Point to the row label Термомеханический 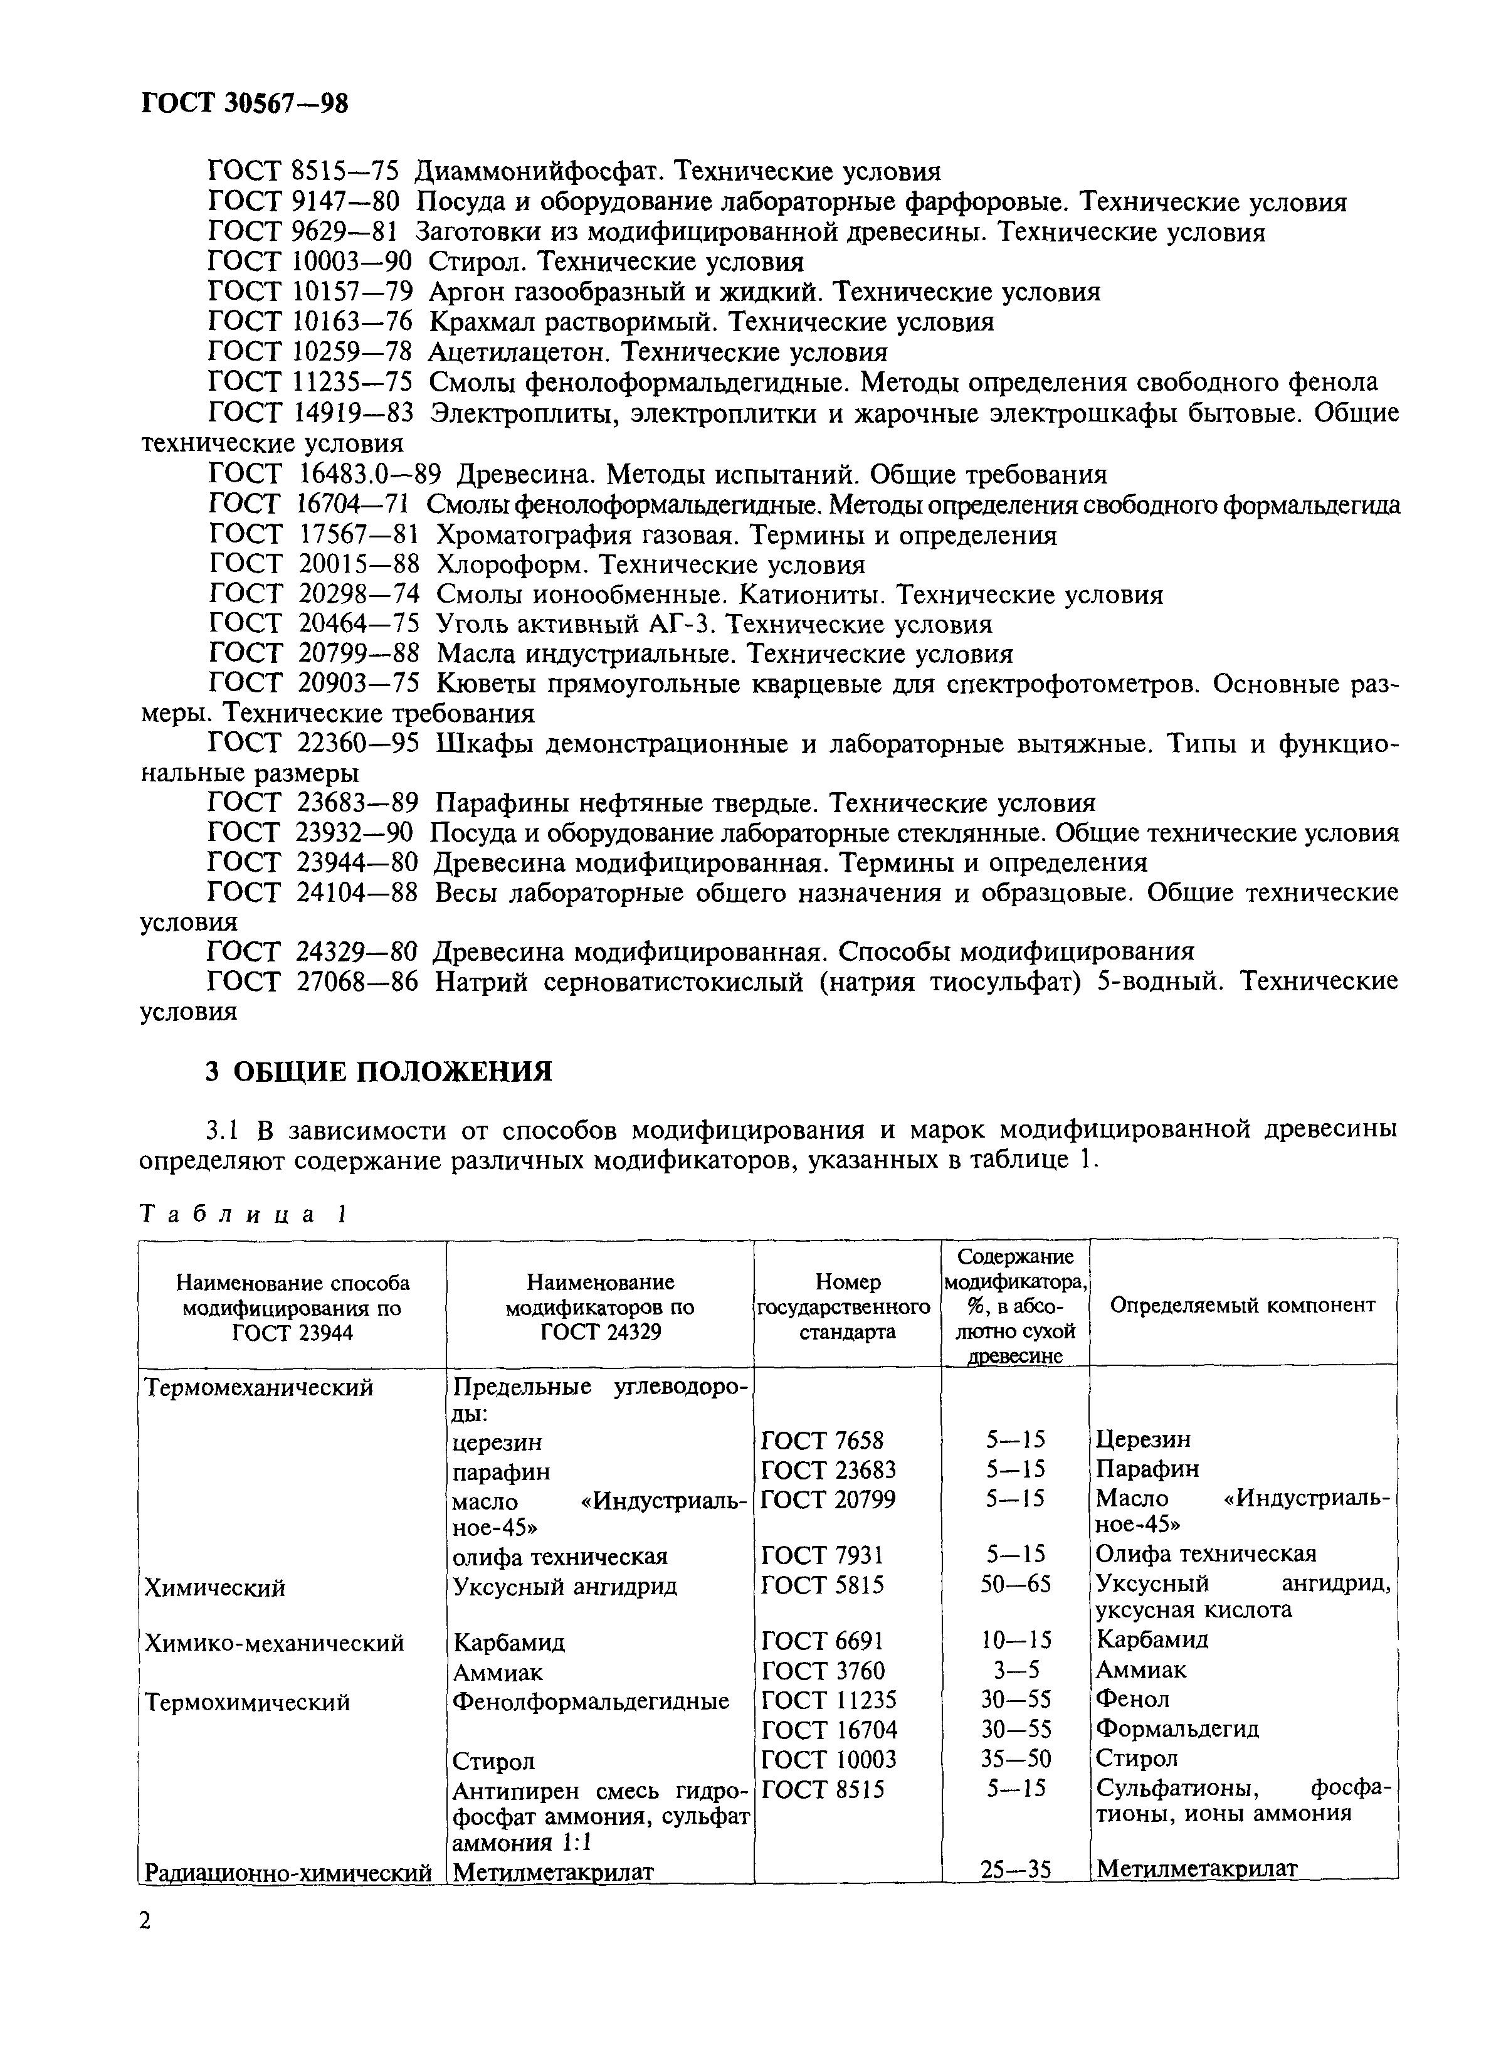259,1388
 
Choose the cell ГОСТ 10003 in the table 828,1759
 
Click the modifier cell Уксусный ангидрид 564,1587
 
